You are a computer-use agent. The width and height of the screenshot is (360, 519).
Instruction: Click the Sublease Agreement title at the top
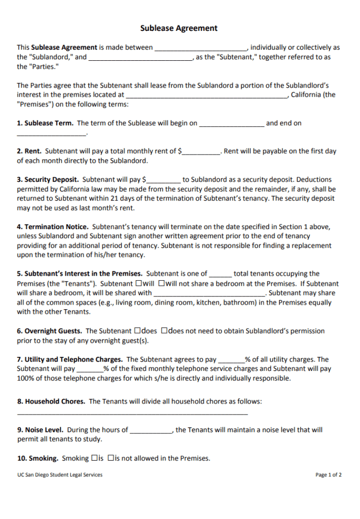click(x=179, y=28)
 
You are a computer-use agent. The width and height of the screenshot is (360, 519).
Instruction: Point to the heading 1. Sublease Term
click(x=45, y=123)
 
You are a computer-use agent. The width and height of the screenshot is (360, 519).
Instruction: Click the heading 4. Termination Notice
click(x=53, y=227)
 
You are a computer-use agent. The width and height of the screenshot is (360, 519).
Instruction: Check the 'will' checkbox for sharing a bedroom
click(x=138, y=284)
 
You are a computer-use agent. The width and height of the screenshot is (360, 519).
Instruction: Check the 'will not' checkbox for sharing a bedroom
click(x=161, y=284)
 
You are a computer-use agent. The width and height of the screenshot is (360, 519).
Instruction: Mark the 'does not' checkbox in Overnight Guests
click(x=164, y=331)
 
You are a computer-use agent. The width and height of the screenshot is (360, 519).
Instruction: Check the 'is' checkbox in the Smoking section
click(x=94, y=458)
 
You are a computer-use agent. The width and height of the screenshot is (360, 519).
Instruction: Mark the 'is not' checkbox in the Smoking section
click(x=111, y=458)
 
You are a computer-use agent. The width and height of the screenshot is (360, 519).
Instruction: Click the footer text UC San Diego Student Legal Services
click(x=59, y=475)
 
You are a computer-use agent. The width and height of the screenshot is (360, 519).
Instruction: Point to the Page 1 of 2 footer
click(x=328, y=475)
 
